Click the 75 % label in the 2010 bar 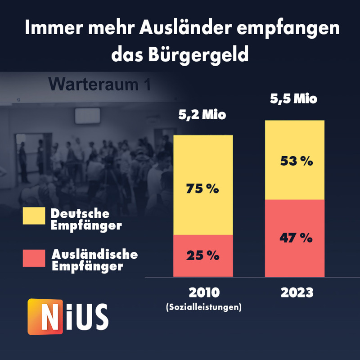point(202,189)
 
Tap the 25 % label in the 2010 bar point(202,256)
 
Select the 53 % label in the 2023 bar point(295,161)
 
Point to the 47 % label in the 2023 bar point(295,238)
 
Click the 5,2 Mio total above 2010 point(202,115)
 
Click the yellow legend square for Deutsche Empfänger point(34,216)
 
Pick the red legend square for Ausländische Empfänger point(34,258)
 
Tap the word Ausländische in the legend point(94,254)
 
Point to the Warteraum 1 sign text point(99,84)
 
